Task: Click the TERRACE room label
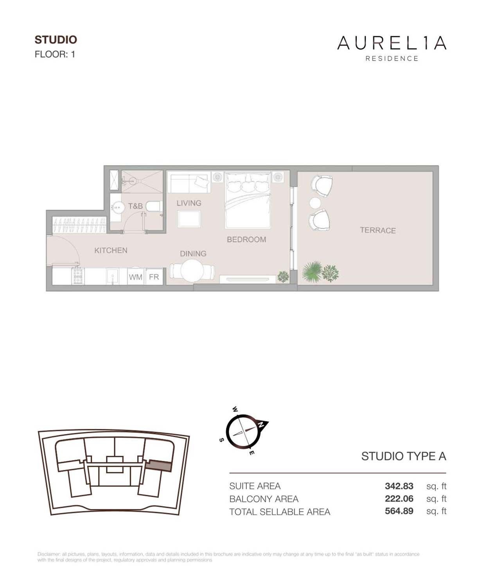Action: pyautogui.click(x=377, y=230)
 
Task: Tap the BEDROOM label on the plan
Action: pyautogui.click(x=246, y=239)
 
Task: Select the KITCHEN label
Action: pyautogui.click(x=111, y=250)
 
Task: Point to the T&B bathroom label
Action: pyautogui.click(x=135, y=206)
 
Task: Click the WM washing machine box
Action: pyautogui.click(x=136, y=277)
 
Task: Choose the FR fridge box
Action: pyautogui.click(x=154, y=277)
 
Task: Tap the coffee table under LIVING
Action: pyautogui.click(x=189, y=219)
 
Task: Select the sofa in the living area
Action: pyautogui.click(x=189, y=183)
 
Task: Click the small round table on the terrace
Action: pyautogui.click(x=315, y=203)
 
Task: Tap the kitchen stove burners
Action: pyautogui.click(x=77, y=276)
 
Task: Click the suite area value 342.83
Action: pyautogui.click(x=399, y=486)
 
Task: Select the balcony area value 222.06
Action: pyautogui.click(x=399, y=498)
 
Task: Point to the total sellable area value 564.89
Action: pyautogui.click(x=399, y=511)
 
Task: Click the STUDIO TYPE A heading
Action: pyautogui.click(x=403, y=456)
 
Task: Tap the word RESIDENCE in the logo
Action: pyautogui.click(x=392, y=59)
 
